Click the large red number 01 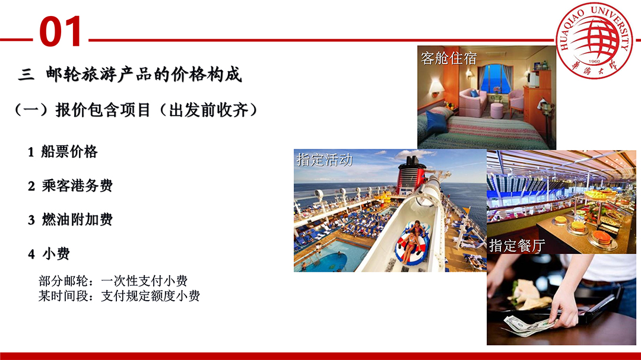(61, 31)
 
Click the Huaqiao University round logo (594, 40)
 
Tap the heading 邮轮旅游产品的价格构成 (144, 74)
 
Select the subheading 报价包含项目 (103, 110)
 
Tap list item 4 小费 (49, 253)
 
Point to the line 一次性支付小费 (144, 281)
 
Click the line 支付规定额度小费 (150, 295)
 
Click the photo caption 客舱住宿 (449, 59)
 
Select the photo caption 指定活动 (325, 160)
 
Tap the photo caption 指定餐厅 (517, 245)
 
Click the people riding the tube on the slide (412, 242)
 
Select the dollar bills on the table (528, 326)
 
